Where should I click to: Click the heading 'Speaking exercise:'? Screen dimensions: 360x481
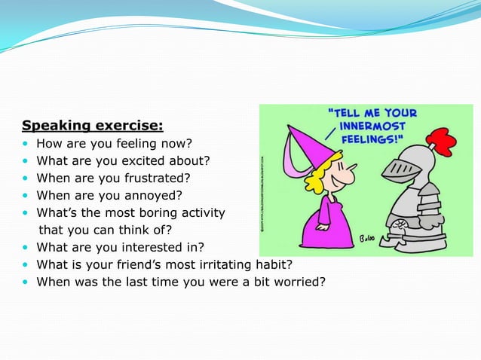coord(92,125)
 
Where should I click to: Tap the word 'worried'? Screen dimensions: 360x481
coord(299,282)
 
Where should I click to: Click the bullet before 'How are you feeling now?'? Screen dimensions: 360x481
coord(26,144)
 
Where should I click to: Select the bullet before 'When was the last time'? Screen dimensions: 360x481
coord(26,282)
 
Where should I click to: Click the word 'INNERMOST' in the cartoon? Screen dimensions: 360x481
coord(373,127)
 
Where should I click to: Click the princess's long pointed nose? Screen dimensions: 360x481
coord(346,179)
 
